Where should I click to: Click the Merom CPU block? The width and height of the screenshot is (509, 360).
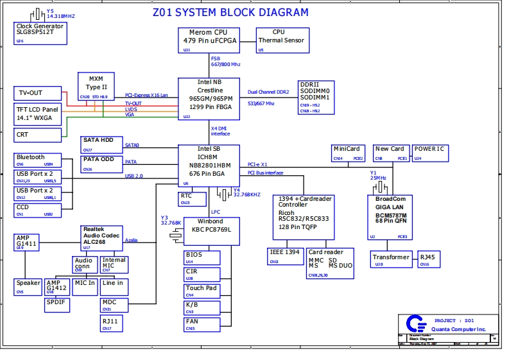click(x=208, y=40)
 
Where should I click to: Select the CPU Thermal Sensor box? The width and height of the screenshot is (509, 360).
click(x=278, y=40)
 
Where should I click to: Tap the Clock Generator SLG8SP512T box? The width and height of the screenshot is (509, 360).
click(x=40, y=33)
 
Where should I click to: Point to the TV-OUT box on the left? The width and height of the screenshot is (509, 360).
click(x=37, y=93)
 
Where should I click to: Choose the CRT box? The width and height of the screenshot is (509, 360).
click(x=37, y=135)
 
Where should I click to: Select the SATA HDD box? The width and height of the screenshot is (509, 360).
click(x=101, y=144)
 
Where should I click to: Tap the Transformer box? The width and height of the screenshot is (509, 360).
click(x=390, y=259)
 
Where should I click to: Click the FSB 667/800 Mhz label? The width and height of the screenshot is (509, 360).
click(x=225, y=62)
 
